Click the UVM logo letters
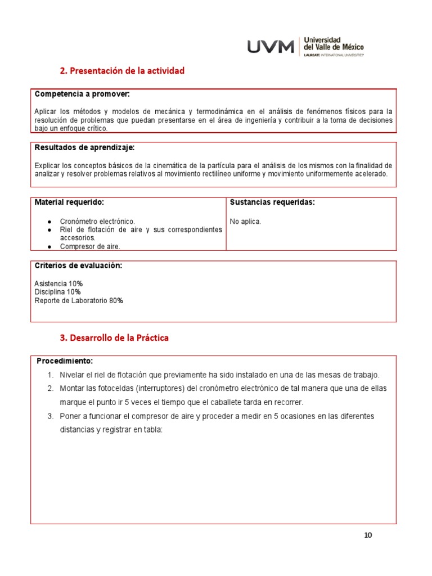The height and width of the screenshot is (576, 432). (271, 47)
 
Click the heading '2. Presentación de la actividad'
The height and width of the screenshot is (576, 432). (122, 71)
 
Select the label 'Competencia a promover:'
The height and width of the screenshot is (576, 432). (82, 94)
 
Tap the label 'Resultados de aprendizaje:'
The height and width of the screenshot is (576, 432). (84, 147)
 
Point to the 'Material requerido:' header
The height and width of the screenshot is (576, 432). (69, 202)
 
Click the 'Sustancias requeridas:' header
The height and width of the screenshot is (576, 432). (272, 202)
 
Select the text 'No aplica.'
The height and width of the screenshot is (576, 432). (245, 222)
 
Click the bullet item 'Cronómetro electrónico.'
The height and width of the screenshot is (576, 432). (97, 222)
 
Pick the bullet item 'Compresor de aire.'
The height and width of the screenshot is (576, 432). (90, 246)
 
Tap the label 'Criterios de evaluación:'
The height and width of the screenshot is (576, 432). (78, 265)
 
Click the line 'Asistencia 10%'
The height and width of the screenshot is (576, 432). (58, 283)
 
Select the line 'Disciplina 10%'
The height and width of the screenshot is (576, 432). (57, 292)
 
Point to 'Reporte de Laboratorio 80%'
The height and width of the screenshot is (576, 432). (79, 300)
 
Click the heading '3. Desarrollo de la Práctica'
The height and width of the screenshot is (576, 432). (114, 338)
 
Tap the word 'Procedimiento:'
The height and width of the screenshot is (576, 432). (65, 361)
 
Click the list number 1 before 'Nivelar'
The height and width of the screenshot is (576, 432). (50, 375)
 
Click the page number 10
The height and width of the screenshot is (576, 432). (368, 535)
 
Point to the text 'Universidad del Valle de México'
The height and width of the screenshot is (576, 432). (334, 44)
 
